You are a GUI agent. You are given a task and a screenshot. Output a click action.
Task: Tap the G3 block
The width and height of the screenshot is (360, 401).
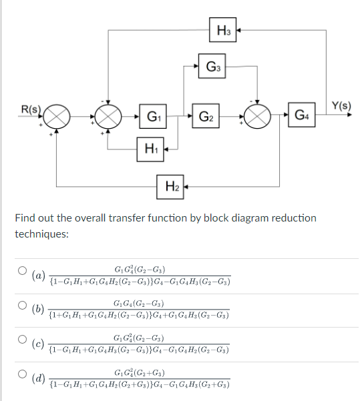pos(214,67)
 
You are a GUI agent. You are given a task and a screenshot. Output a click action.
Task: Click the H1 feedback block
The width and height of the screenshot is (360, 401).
pos(152,147)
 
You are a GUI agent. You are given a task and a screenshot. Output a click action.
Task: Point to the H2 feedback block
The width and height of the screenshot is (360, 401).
pos(172,185)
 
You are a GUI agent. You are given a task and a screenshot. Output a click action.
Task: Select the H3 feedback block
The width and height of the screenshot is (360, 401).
pos(224,29)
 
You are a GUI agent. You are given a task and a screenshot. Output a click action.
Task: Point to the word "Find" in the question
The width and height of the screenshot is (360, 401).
pos(25,218)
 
